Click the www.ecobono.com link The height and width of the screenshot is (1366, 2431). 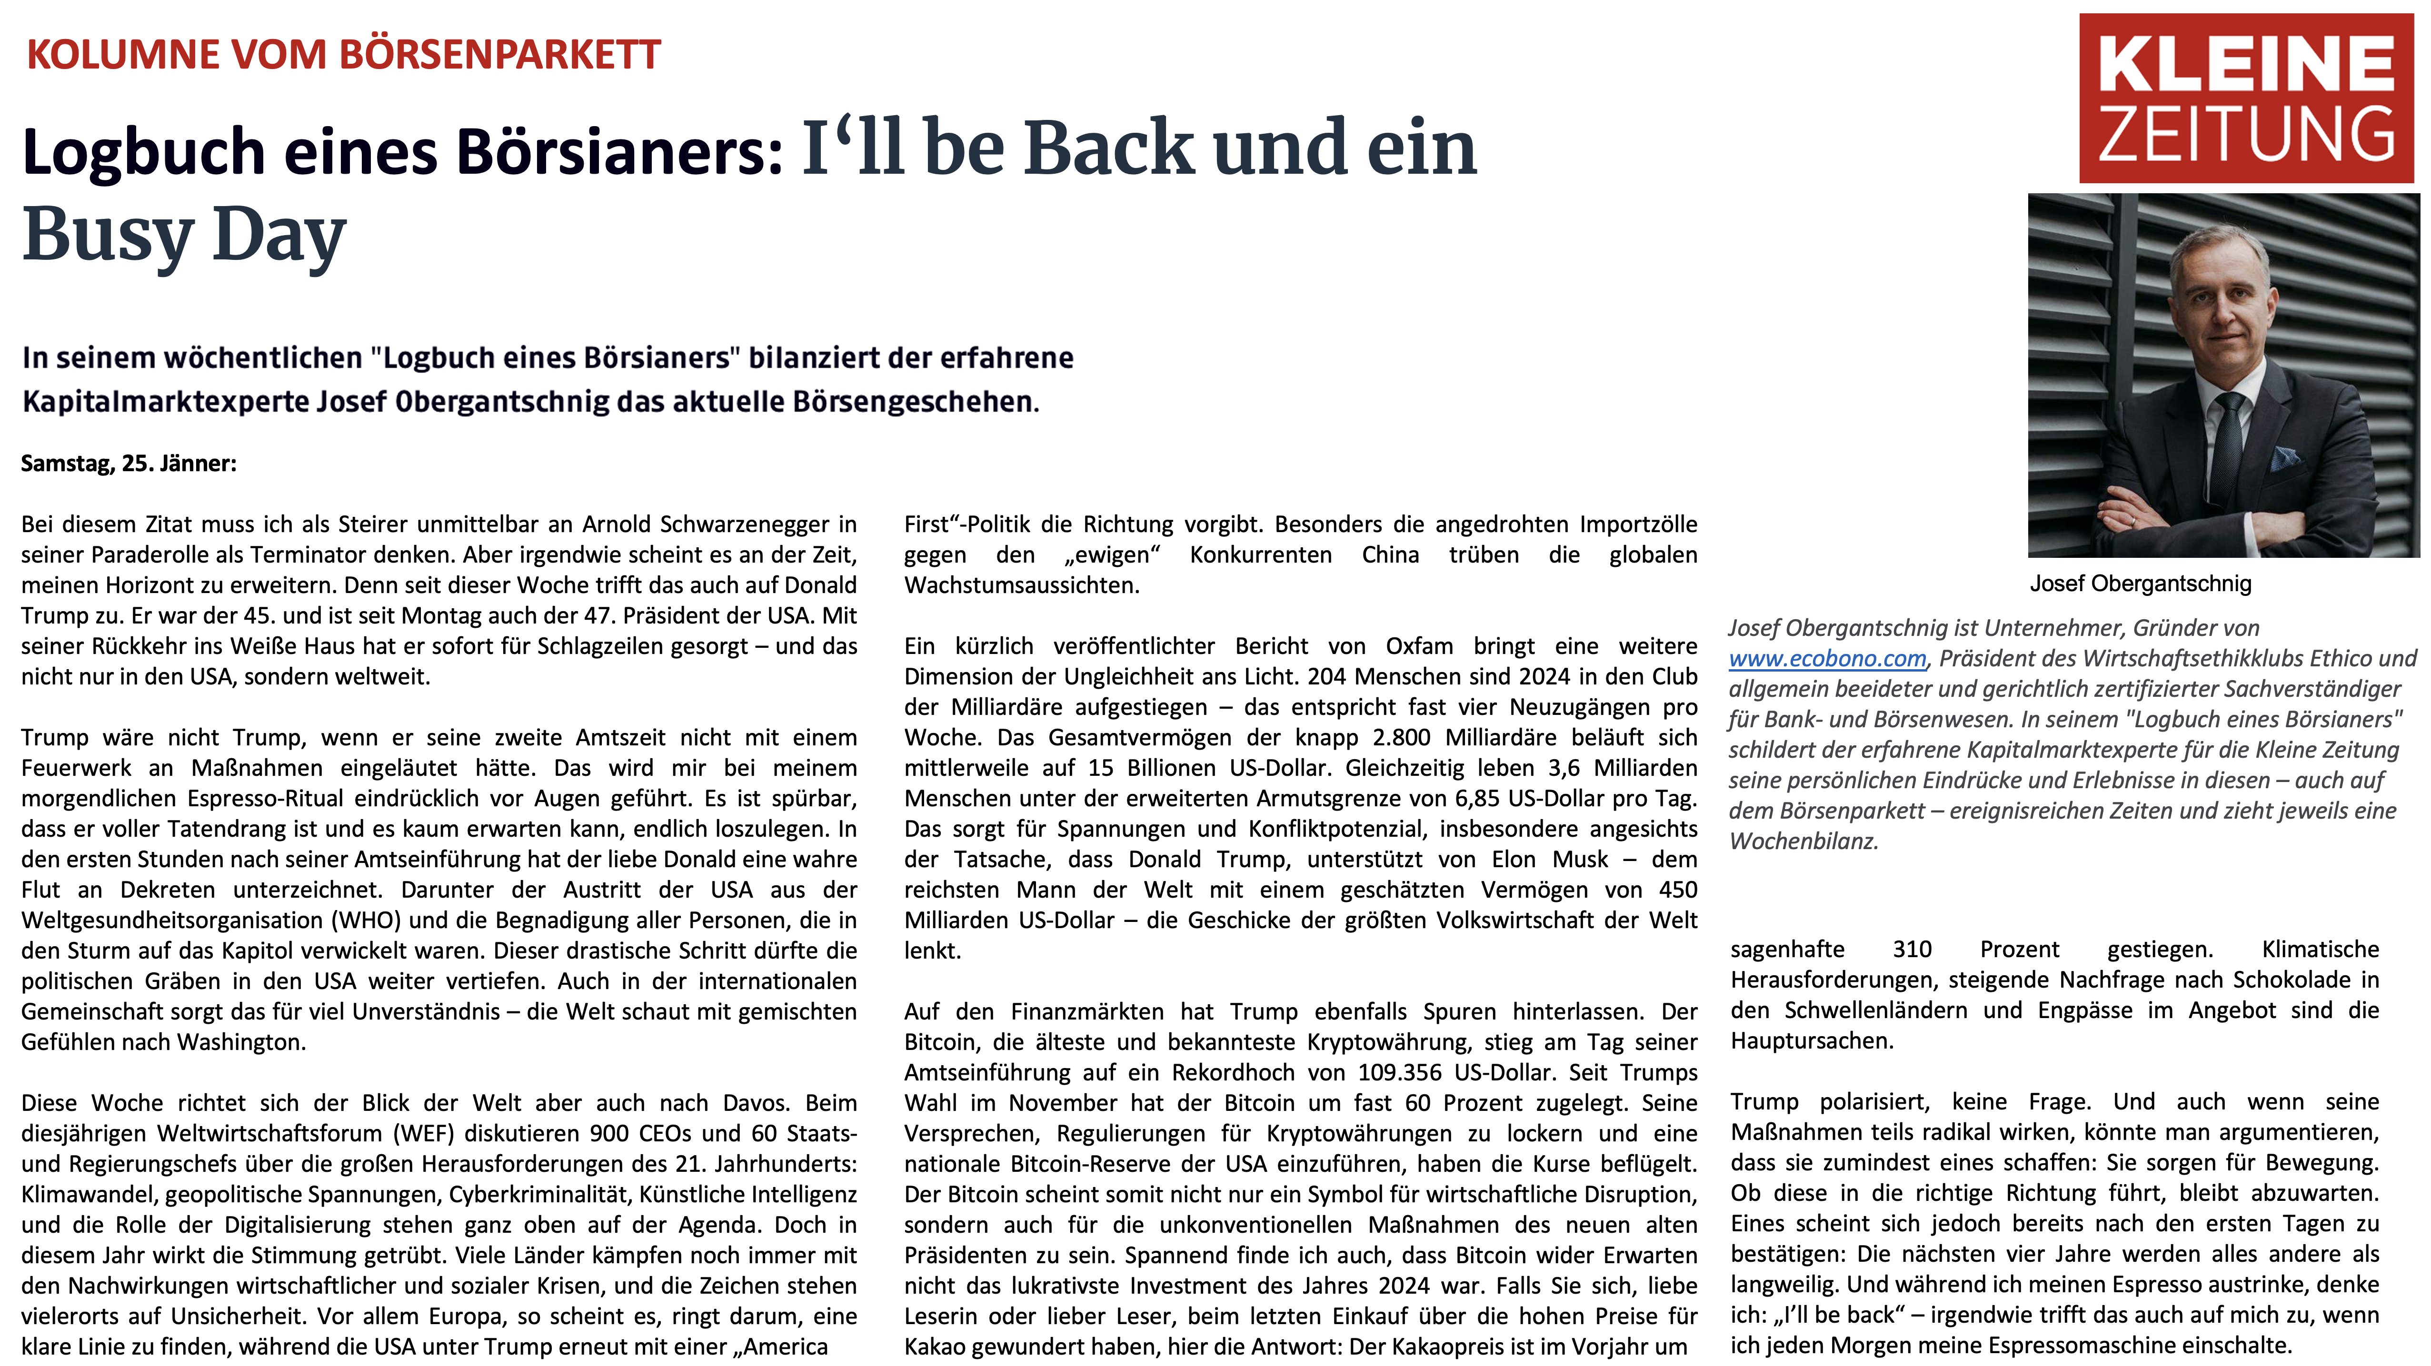(x=1826, y=658)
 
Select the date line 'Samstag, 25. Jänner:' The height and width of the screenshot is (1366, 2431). (x=129, y=463)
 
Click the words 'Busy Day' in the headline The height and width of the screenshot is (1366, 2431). (x=184, y=236)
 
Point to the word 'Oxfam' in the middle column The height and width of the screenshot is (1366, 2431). (x=1419, y=646)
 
